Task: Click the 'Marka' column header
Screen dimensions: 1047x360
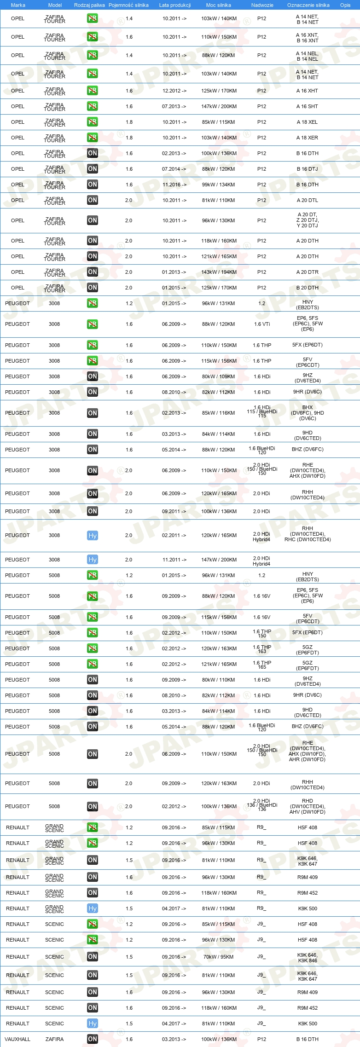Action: pyautogui.click(x=18, y=5)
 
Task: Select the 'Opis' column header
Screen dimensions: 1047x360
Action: pyautogui.click(x=345, y=5)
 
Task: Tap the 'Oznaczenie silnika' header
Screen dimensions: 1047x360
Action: pyautogui.click(x=308, y=5)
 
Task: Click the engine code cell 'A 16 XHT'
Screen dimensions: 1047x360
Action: pyautogui.click(x=307, y=91)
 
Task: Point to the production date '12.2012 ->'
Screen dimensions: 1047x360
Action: pyautogui.click(x=174, y=91)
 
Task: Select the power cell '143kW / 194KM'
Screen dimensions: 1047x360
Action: pyautogui.click(x=219, y=272)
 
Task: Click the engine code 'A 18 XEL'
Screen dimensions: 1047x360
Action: pyautogui.click(x=307, y=122)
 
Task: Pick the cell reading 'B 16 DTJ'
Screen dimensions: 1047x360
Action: pyautogui.click(x=307, y=169)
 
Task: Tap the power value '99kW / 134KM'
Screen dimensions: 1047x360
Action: pyautogui.click(x=218, y=185)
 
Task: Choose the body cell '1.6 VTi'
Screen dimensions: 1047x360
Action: pyautogui.click(x=262, y=324)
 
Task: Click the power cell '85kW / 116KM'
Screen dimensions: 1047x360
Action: pyautogui.click(x=218, y=413)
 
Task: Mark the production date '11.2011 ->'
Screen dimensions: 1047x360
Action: pyautogui.click(x=174, y=560)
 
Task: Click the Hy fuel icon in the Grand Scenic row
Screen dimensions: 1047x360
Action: pyautogui.click(x=93, y=908)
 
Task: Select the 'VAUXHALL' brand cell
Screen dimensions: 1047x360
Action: pyautogui.click(x=17, y=1039)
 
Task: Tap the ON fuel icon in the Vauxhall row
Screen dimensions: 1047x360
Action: pyautogui.click(x=93, y=1039)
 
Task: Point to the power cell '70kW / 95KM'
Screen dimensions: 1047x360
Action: pyautogui.click(x=218, y=957)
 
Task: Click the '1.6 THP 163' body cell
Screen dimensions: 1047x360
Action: pyautogui.click(x=262, y=649)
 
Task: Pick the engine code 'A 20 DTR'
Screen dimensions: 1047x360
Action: pyautogui.click(x=307, y=272)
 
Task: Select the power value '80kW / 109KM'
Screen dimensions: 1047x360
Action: pyautogui.click(x=218, y=376)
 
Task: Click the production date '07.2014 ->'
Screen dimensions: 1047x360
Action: pyautogui.click(x=174, y=169)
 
